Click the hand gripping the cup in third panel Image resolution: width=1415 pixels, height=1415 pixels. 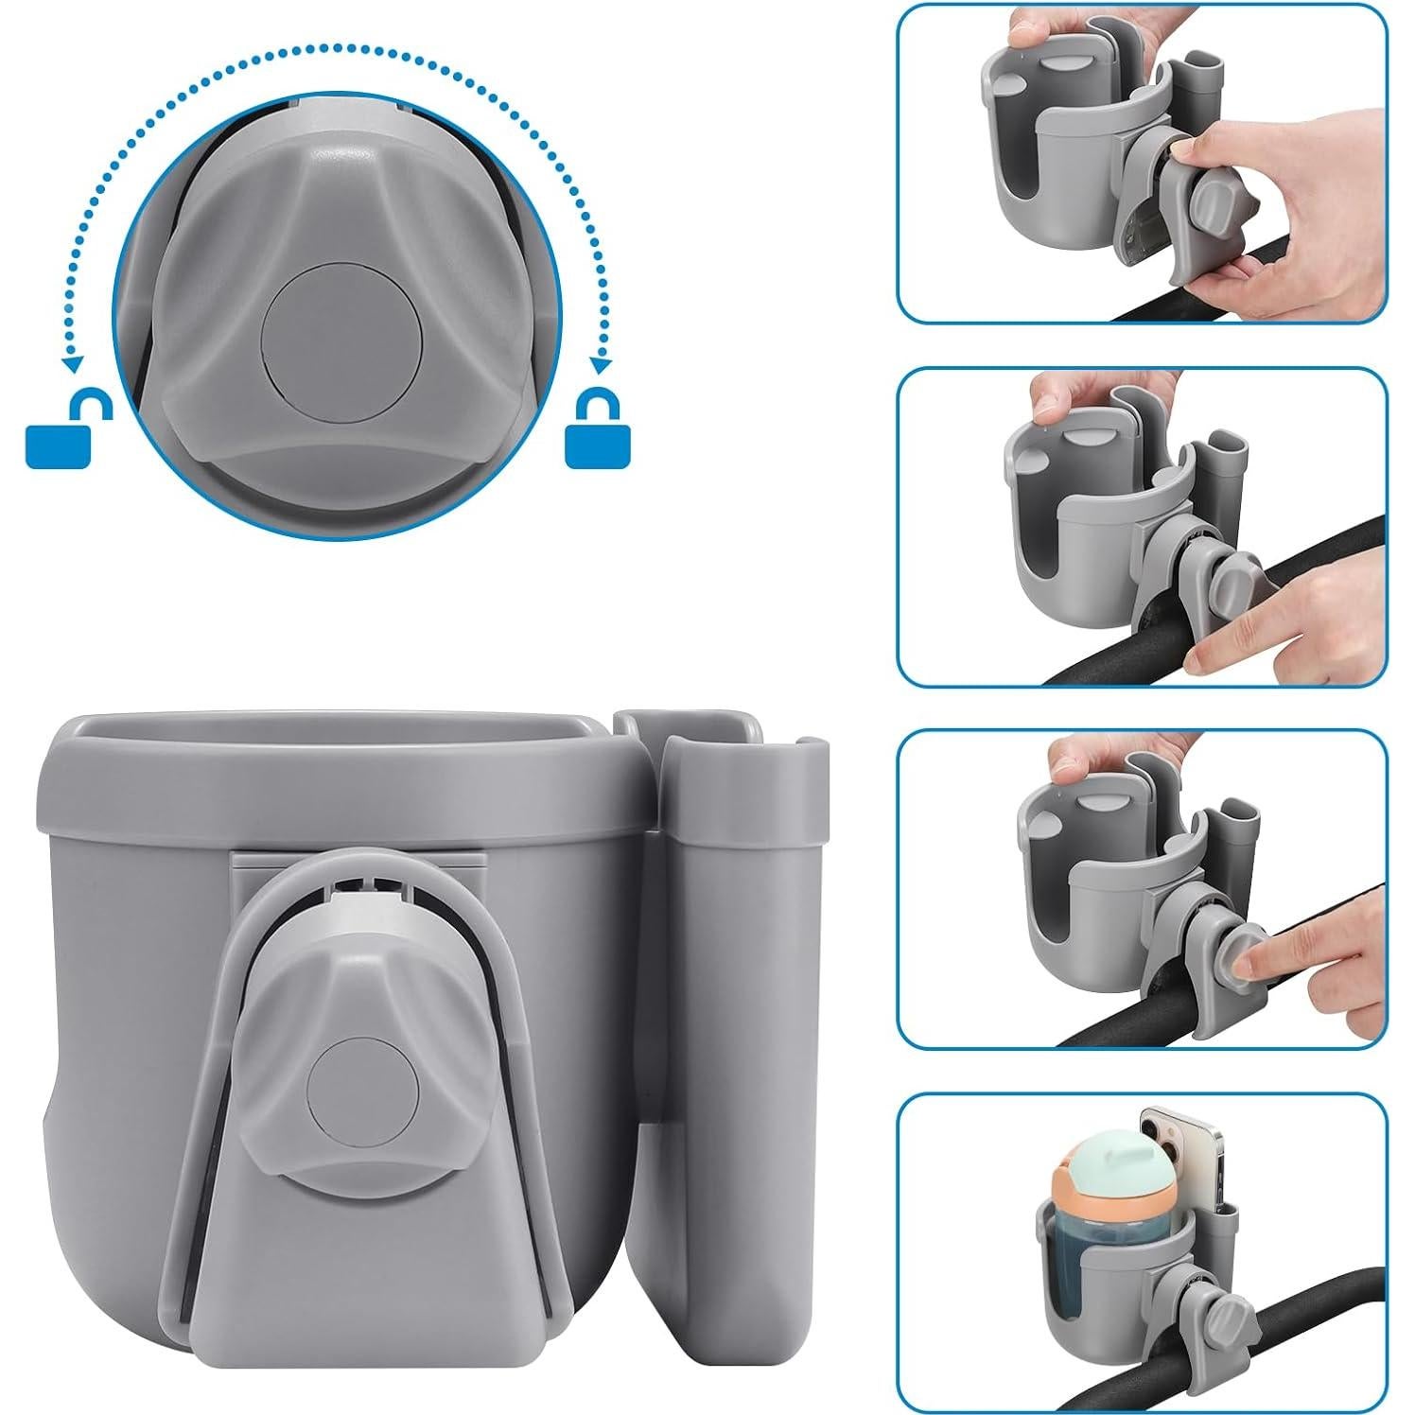click(1088, 757)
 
